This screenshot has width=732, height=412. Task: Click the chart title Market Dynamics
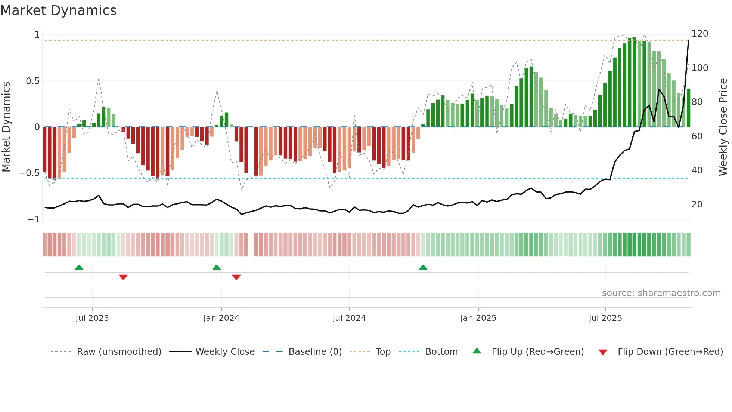pos(58,10)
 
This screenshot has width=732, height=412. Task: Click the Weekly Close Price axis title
pos(723,127)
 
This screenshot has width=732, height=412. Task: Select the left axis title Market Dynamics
pos(6,127)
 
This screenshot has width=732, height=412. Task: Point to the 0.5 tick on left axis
pos(33,81)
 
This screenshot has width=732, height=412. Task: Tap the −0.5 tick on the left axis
pos(30,173)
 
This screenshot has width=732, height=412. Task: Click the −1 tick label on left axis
pos(34,219)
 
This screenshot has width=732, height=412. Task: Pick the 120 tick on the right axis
pos(700,34)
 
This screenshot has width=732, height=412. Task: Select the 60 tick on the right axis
pos(697,136)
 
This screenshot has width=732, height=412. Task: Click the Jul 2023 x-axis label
pos(92,318)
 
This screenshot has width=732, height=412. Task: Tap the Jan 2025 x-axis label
pos(478,318)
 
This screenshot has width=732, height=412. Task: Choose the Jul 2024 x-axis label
pos(349,318)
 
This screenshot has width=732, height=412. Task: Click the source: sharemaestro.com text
pos(661,293)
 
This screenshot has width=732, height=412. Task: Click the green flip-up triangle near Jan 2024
pos(217,268)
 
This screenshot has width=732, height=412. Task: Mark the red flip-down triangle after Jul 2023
pos(123,277)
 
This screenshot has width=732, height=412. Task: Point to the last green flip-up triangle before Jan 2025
pos(423,268)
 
